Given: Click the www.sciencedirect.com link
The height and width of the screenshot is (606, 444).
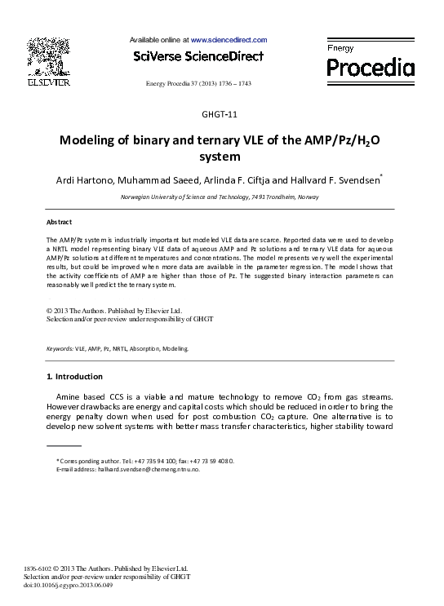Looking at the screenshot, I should tap(229, 39).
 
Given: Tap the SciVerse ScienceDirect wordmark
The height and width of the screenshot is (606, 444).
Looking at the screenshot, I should tap(198, 56).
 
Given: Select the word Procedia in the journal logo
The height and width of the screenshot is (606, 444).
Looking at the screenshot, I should tap(371, 69).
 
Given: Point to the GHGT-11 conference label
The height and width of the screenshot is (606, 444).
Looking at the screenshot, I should tap(221, 113).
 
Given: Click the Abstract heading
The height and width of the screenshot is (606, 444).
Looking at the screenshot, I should tap(60, 222).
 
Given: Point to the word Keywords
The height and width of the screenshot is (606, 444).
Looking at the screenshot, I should tap(60, 348).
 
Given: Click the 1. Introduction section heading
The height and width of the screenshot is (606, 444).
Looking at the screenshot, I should tap(75, 376).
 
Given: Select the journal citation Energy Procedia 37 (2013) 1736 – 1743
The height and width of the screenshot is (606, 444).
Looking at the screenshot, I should tap(198, 84).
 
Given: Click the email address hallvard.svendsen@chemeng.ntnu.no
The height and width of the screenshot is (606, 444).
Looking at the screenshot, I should tap(149, 470).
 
